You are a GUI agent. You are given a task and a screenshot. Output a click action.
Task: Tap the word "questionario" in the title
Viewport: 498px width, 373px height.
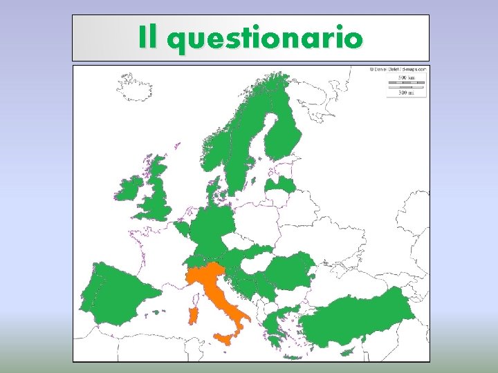[x=264, y=39]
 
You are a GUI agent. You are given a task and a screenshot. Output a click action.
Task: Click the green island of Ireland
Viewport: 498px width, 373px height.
[x=129, y=189]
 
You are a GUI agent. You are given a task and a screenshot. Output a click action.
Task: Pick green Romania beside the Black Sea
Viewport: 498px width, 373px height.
[x=290, y=269]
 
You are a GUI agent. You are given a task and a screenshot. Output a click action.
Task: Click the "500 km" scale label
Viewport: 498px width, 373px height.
[x=406, y=79]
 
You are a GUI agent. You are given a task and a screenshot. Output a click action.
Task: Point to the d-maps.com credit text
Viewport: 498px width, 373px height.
[x=400, y=69]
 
